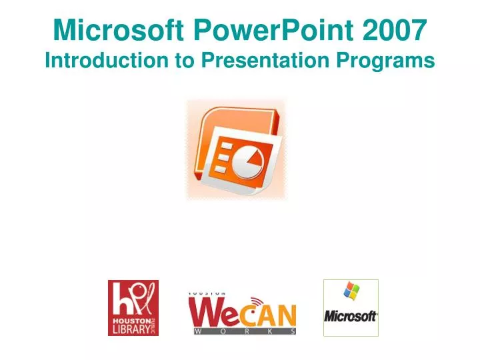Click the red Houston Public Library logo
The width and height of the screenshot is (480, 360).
pos(133,307)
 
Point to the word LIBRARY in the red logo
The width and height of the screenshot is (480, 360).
pos(129,329)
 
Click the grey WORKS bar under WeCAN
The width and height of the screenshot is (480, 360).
pos(244,331)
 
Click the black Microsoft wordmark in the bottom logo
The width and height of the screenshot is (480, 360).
pos(351,315)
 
